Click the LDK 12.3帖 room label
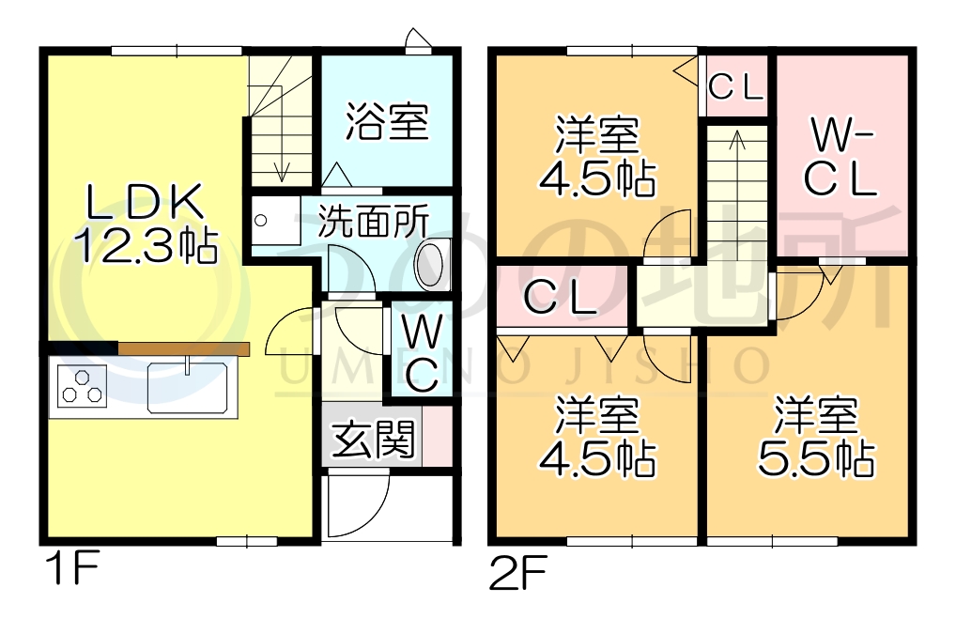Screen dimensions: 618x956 pos(146,224)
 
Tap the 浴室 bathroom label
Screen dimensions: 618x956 pos(386,121)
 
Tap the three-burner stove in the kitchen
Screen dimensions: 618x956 pos(82,385)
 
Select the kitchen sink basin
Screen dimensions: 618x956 pos(187,385)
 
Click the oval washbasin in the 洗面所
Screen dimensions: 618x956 pos(434,262)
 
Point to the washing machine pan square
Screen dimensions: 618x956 pos(272,220)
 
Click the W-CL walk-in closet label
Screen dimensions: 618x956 pos(841,158)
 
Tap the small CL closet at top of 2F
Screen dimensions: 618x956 pos(736,87)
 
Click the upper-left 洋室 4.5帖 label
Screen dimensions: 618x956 pos(595,156)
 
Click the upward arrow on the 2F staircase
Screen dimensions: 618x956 pos(737,141)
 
